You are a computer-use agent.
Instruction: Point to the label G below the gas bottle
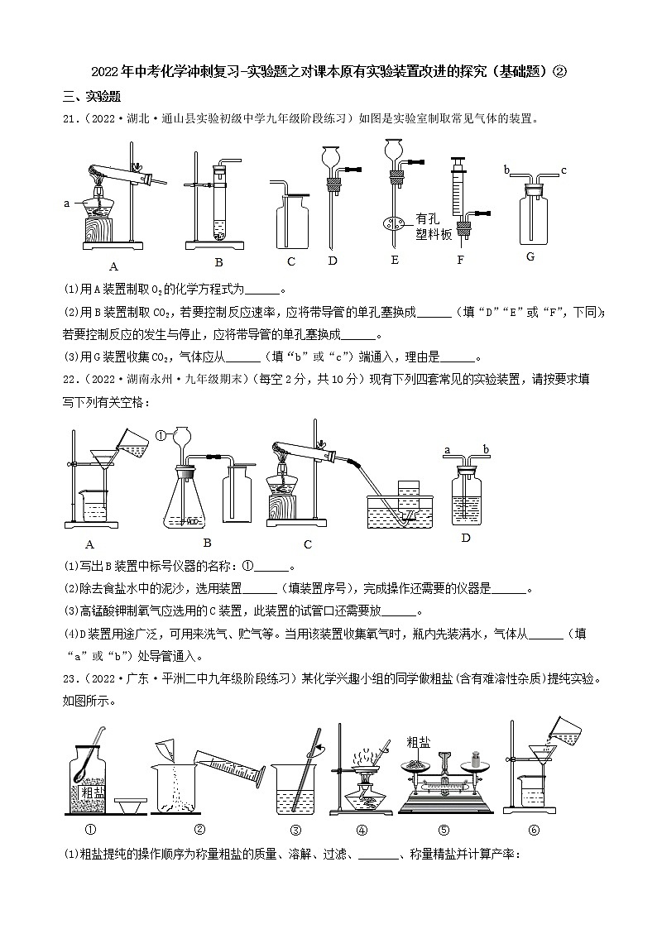coord(531,256)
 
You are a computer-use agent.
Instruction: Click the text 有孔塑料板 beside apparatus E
coord(434,227)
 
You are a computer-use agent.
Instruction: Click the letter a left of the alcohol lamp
coord(66,201)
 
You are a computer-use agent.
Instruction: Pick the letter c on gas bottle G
coord(563,170)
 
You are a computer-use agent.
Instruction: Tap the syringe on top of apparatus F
coord(456,185)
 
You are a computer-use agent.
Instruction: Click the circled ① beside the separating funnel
coord(161,433)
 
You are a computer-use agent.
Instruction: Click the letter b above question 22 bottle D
coord(487,449)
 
